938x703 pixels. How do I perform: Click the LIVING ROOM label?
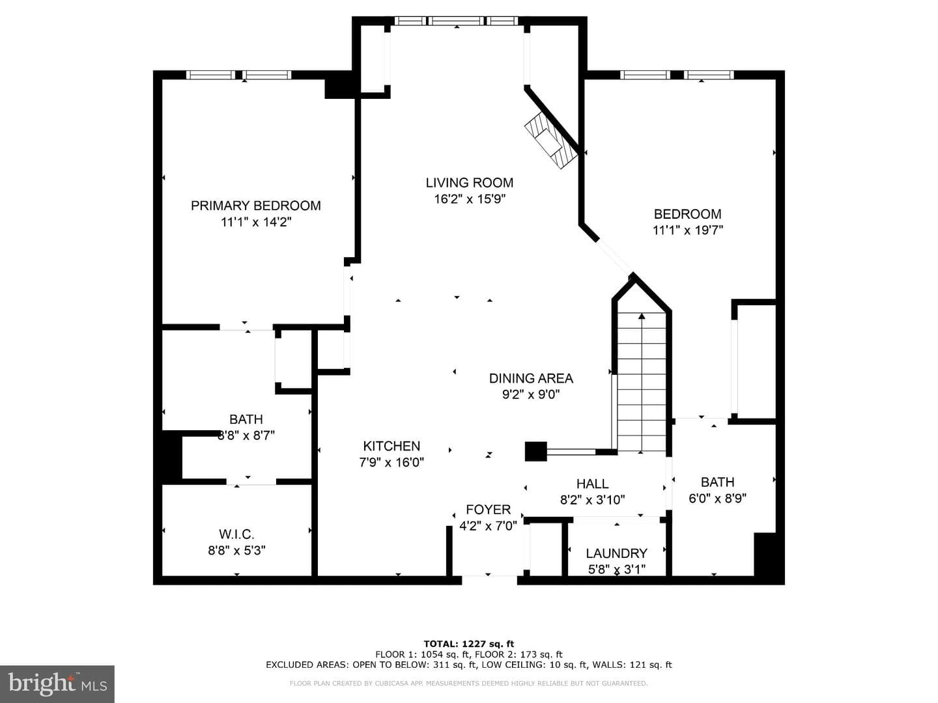tap(469, 183)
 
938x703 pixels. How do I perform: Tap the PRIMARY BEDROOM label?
tap(255, 206)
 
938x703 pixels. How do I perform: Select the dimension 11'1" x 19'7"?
tap(688, 230)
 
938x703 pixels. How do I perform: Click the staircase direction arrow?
tap(642, 383)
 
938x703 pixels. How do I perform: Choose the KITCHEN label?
tap(391, 446)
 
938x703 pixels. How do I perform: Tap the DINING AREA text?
tap(531, 378)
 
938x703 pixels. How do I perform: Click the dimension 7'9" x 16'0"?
tap(391, 462)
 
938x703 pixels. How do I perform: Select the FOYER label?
tap(488, 510)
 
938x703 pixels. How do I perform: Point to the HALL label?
tap(592, 484)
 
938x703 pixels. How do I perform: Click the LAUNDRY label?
tap(616, 553)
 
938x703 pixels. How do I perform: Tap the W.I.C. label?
tap(236, 534)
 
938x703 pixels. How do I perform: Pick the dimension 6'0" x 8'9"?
tap(717, 499)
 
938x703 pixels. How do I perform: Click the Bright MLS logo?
tap(57, 683)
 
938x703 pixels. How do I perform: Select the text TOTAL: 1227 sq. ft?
tap(469, 644)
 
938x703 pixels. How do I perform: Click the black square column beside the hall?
tap(536, 452)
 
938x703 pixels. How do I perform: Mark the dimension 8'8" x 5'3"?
tap(236, 551)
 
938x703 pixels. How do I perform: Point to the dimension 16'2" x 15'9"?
tap(470, 199)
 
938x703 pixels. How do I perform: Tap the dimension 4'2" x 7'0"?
tap(488, 526)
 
